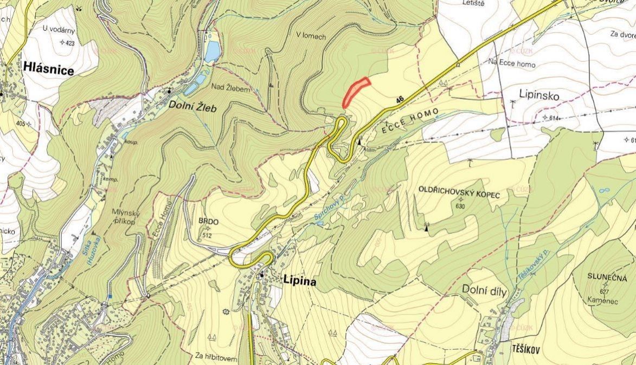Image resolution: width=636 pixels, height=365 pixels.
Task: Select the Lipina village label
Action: (299, 281)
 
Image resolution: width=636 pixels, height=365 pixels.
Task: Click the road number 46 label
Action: (400, 99)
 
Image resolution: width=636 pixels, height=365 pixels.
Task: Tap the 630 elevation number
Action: (461, 206)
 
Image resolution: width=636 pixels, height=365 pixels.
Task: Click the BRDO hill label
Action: (208, 221)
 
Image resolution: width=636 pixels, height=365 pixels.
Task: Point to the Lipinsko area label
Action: (538, 95)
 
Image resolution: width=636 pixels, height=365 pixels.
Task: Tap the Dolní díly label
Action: (484, 292)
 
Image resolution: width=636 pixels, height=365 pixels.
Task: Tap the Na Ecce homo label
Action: (511, 64)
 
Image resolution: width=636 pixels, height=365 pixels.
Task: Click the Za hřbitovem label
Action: (216, 356)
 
